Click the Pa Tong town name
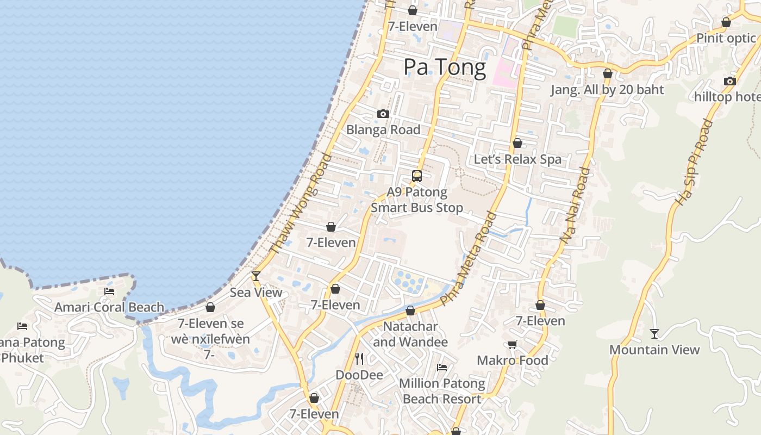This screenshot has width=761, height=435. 445,67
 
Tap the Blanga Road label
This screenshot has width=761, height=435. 383,130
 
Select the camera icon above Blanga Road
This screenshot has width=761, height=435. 383,114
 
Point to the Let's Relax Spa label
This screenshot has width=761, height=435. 517,159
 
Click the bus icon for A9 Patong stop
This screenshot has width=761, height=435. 417,176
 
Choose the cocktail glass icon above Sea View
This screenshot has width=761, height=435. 255,276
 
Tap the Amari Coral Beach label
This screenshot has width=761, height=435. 109,307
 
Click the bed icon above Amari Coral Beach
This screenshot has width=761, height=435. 109,291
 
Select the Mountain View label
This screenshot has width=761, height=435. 654,350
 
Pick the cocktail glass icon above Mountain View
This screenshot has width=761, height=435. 654,334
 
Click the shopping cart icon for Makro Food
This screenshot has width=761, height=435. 512,344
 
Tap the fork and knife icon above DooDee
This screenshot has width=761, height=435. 359,359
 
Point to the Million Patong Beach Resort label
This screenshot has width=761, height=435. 442,391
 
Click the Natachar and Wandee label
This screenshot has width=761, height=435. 410,334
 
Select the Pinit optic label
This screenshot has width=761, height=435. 726,38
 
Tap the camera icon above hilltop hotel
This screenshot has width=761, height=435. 729,82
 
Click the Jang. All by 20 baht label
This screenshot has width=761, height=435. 607,90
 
